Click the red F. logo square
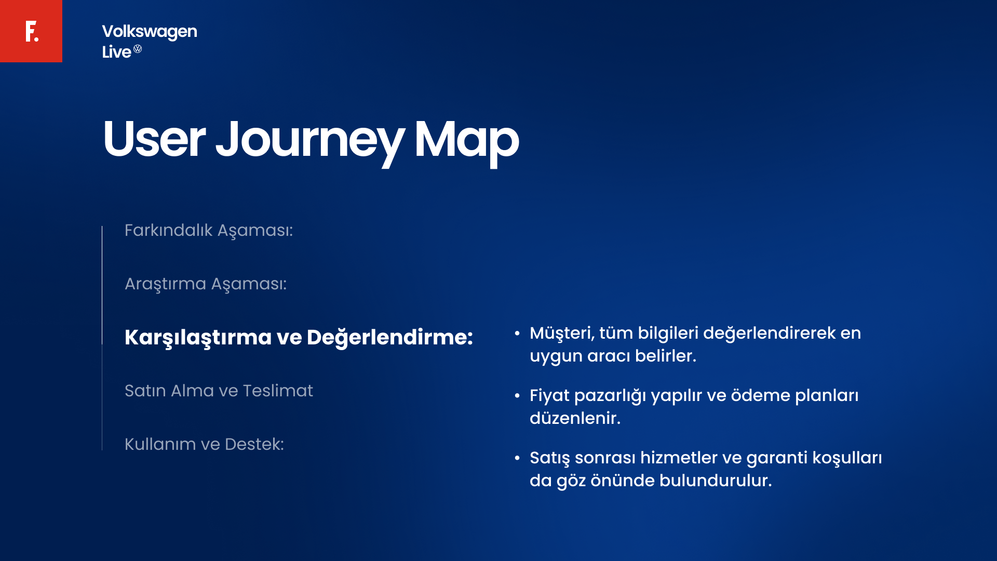pos(31,31)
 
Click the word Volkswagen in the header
pos(150,32)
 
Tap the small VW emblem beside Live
pos(138,49)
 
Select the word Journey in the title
pos(309,139)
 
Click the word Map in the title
pos(466,139)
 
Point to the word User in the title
pos(154,139)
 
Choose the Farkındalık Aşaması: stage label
pos(209,230)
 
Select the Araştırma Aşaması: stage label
pos(206,284)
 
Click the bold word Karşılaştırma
pos(198,338)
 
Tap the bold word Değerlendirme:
pos(389,338)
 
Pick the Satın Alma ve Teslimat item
pos(219,391)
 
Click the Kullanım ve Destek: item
pos(204,444)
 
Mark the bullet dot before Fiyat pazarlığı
pos(517,396)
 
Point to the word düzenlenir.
pos(575,418)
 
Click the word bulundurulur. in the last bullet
pos(716,480)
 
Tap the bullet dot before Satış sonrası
pos(517,458)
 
